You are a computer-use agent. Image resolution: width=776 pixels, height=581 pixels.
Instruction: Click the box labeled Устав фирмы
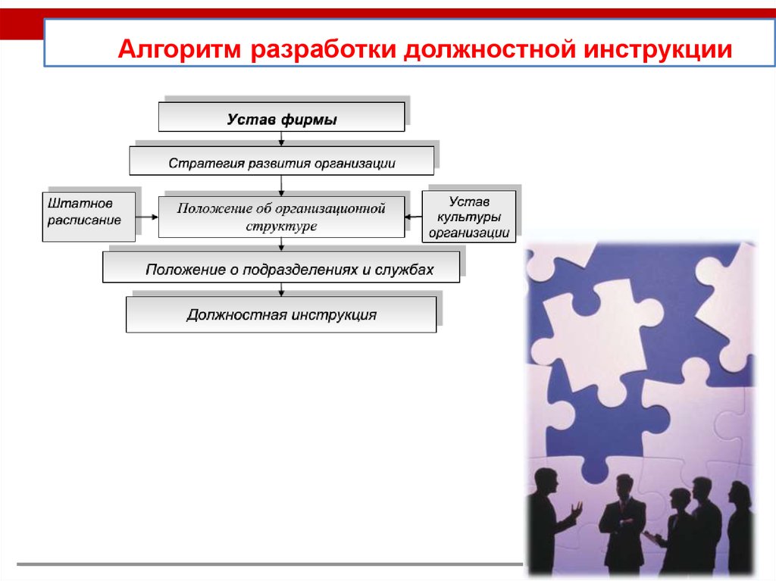[x=281, y=118]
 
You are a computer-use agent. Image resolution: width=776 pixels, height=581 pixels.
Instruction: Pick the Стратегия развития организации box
[x=281, y=162]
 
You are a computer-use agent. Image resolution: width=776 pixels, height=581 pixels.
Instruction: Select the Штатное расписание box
[x=89, y=217]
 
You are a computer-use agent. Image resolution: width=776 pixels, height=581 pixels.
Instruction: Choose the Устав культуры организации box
[x=469, y=217]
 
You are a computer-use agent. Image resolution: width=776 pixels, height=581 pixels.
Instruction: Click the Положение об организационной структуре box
[x=281, y=217]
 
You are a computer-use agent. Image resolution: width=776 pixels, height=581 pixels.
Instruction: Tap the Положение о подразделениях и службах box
[x=281, y=268]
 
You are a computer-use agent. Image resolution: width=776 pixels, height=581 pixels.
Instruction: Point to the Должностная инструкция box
[x=281, y=314]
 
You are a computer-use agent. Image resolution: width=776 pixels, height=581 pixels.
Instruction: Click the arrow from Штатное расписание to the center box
[x=147, y=217]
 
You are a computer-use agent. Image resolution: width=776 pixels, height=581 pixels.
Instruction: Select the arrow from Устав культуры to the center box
[x=413, y=217]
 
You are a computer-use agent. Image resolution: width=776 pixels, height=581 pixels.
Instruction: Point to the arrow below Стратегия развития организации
[x=282, y=186]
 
